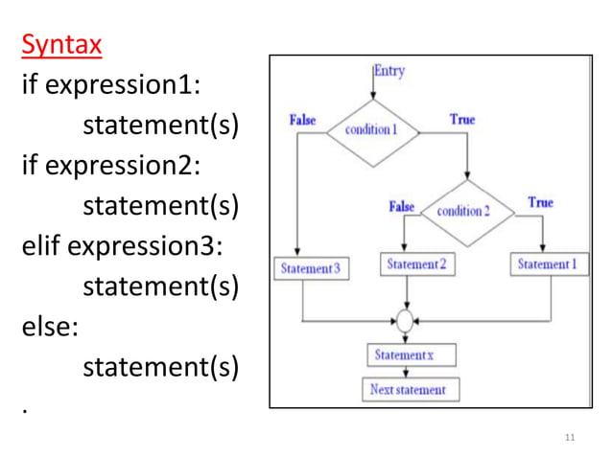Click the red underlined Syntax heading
pos(61,44)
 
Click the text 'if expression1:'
pos(110,84)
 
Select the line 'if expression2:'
pos(110,165)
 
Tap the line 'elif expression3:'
pos(122,245)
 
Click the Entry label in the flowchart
pos(389,70)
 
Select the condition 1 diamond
pos(371,130)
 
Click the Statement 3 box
pos(310,269)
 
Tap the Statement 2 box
pos(416,263)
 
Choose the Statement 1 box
pos(553,263)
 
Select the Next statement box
pos(409,390)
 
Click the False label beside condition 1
pos(303,121)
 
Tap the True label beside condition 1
pos(462,120)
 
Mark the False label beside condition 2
pos(401,206)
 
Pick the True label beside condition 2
pos(540,202)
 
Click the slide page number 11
pos(570,438)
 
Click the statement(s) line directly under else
pos(160,367)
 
